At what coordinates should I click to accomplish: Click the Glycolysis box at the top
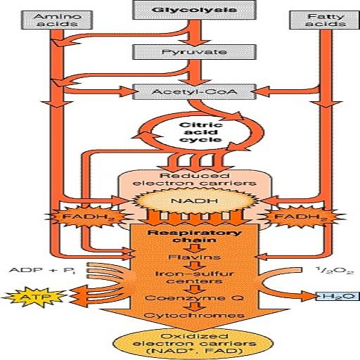tap(179, 11)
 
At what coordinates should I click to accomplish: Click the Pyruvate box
tap(179, 53)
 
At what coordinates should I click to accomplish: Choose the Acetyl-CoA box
tap(180, 91)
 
